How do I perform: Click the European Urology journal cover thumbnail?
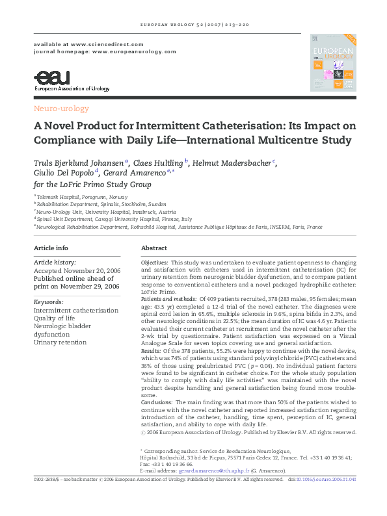pyautogui.click(x=329, y=63)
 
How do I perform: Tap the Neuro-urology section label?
pyautogui.click(x=61, y=109)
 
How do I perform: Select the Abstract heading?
pyautogui.click(x=154, y=248)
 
